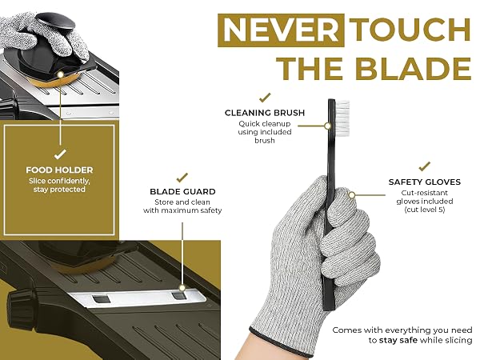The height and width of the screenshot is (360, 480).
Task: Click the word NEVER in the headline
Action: (281, 30)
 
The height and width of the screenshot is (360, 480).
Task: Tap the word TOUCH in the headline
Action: (410, 30)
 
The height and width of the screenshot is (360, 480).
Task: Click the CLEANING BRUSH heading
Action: (265, 113)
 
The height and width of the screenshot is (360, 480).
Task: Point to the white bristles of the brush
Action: (342, 118)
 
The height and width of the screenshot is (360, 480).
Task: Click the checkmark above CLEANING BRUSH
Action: (265, 98)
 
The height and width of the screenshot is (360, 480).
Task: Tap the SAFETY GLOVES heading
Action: (425, 182)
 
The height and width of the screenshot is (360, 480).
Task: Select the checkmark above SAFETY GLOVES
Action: (425, 166)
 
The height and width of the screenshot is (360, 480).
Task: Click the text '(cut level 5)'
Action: (425, 210)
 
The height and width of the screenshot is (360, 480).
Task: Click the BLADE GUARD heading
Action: (182, 192)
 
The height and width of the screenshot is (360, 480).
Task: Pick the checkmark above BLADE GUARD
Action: (182, 178)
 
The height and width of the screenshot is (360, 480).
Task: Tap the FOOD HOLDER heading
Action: (59, 170)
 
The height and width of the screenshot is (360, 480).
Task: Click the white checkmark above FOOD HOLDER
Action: (60, 154)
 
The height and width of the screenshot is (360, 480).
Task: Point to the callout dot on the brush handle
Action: (327, 126)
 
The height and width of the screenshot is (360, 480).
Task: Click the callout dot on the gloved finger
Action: (352, 195)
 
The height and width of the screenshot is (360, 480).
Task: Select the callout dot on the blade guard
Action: (182, 288)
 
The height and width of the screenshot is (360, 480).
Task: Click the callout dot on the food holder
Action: (60, 74)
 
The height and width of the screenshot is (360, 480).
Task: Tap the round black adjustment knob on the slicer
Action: (21, 309)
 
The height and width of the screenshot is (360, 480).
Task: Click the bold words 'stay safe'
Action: (398, 341)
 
